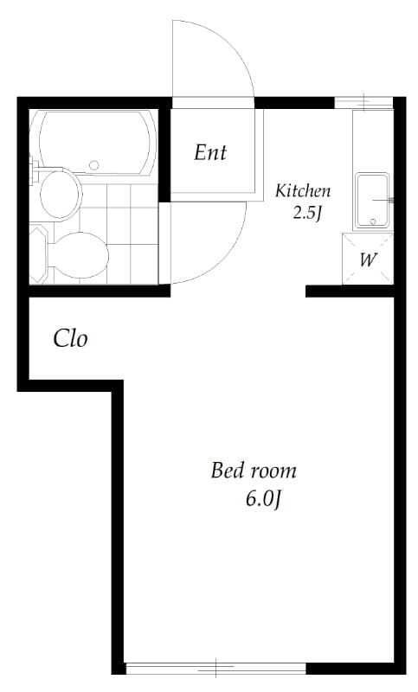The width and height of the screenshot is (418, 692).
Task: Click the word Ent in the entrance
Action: coord(210,153)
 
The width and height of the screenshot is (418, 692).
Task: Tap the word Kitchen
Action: coord(302,191)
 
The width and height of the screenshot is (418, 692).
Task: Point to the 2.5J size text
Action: coord(306,213)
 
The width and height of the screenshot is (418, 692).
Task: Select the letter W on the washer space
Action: coord(368,259)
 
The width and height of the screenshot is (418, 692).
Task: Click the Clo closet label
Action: coord(70,338)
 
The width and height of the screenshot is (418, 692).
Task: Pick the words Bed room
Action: coord(254,471)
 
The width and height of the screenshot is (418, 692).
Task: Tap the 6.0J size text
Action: coord(264,499)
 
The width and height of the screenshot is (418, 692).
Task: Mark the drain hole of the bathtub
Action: coord(95,163)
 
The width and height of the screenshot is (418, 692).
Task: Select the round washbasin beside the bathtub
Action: coord(60,193)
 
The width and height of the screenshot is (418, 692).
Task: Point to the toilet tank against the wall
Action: coord(39,253)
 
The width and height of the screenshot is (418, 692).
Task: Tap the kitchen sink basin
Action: coord(372,199)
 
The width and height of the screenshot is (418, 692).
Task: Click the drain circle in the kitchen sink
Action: coord(372,221)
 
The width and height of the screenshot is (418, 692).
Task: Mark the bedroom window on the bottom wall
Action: coord(215,668)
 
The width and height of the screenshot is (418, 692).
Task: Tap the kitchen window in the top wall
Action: coord(363,103)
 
